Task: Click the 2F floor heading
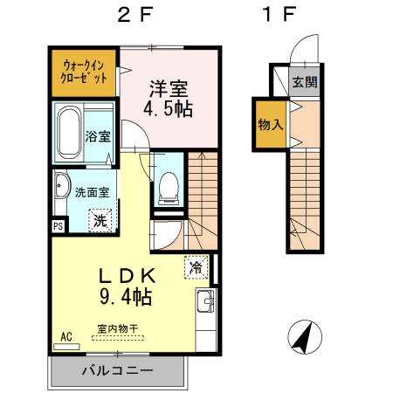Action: [134, 15]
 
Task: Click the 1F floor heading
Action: [279, 15]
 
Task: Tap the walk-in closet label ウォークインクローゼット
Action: [84, 72]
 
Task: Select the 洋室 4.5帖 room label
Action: [169, 99]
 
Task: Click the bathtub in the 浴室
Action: [69, 134]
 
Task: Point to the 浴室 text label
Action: [98, 136]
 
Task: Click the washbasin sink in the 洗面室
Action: [62, 185]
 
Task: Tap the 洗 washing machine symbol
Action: [100, 221]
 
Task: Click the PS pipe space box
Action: [59, 226]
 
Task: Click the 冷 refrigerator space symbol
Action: [196, 267]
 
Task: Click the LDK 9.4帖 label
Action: [127, 286]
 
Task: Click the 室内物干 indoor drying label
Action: [118, 329]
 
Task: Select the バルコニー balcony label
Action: [117, 371]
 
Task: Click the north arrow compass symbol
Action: [305, 337]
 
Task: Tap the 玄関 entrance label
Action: [305, 82]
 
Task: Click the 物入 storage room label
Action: [271, 125]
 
